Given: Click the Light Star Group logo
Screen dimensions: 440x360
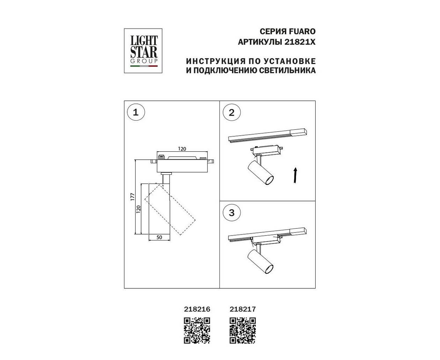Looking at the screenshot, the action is coord(143,51).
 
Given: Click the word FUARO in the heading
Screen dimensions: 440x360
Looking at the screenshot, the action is coord(302,31).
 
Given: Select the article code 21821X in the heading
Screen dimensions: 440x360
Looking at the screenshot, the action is coord(300,42).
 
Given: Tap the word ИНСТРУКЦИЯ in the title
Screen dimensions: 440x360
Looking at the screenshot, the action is coord(216,61).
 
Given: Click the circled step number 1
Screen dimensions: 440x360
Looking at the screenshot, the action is coord(136,113).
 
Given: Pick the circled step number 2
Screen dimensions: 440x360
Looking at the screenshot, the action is coord(232,113).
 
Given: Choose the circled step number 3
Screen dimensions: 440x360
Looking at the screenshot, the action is coord(232,213).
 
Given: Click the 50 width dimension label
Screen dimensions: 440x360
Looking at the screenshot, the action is coord(159,237).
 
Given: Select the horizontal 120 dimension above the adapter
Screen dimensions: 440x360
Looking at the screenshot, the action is coord(182,149).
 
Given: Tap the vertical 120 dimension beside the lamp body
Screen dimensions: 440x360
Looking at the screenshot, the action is coord(138,209).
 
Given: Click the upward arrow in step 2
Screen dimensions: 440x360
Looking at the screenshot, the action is coord(295,175).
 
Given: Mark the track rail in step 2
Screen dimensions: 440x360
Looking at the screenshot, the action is coord(267,135).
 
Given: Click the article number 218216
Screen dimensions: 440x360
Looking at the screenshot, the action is coord(197,309).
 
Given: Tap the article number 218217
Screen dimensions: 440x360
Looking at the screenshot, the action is coord(243,309).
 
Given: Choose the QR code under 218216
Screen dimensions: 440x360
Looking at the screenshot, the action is coord(197,331).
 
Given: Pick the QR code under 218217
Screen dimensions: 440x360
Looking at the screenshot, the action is coord(243,331).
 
